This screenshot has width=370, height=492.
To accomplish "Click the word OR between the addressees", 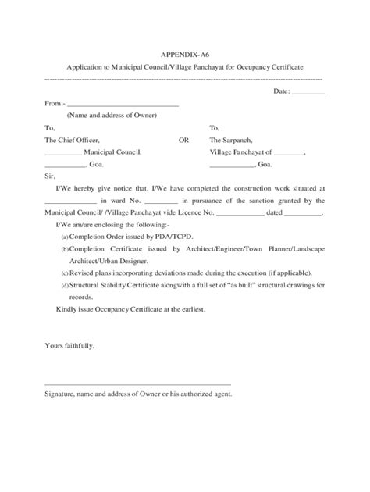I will coord(183,141).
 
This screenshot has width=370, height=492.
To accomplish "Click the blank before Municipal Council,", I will coord(63,154).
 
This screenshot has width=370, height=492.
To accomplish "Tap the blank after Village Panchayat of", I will coord(290,154).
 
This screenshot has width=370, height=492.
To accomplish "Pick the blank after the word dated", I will coord(298,212).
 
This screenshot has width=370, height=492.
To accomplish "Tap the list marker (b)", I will coord(64,249).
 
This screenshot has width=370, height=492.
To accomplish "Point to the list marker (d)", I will coord(64,287).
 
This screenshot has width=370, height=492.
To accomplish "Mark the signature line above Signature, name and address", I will coord(138,383).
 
